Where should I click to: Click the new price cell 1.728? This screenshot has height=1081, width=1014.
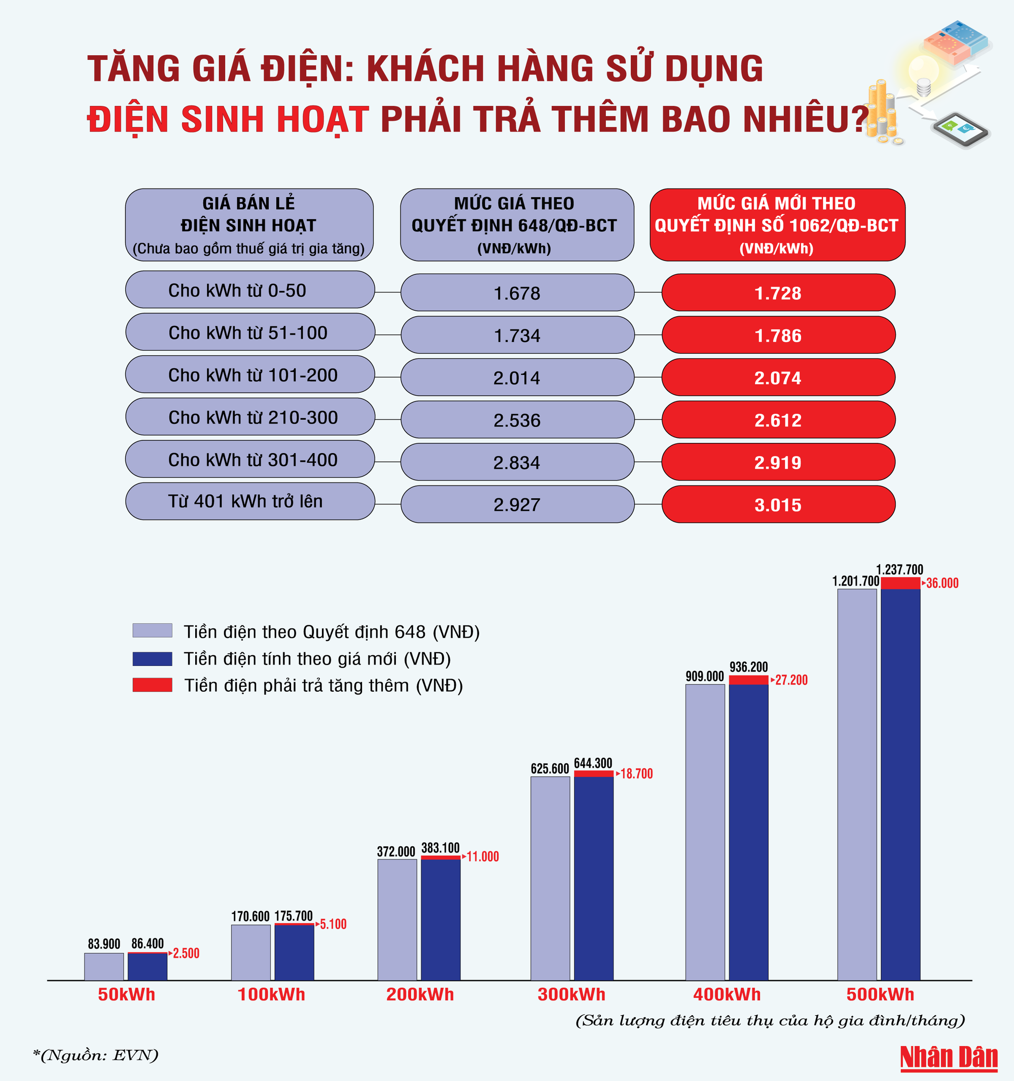(778, 292)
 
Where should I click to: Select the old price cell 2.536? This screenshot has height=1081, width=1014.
(517, 420)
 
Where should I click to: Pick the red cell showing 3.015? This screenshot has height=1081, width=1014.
(778, 505)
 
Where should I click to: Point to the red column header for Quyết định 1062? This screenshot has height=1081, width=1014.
(777, 225)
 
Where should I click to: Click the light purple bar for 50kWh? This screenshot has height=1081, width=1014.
(104, 966)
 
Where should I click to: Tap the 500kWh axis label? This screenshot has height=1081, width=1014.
(880, 994)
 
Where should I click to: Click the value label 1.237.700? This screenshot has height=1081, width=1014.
(899, 569)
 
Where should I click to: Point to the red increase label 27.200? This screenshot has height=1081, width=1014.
(791, 680)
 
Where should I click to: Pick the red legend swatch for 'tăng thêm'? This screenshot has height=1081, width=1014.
(152, 685)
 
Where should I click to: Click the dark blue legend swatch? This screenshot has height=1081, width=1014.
(152, 658)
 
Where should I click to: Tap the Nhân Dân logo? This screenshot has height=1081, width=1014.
(949, 1058)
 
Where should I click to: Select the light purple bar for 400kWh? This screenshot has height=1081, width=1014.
(705, 832)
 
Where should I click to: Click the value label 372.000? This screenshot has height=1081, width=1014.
(396, 851)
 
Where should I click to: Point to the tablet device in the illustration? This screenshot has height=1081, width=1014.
(961, 129)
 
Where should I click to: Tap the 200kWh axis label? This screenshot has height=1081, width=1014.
(420, 994)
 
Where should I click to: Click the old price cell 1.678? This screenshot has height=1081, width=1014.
(517, 292)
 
